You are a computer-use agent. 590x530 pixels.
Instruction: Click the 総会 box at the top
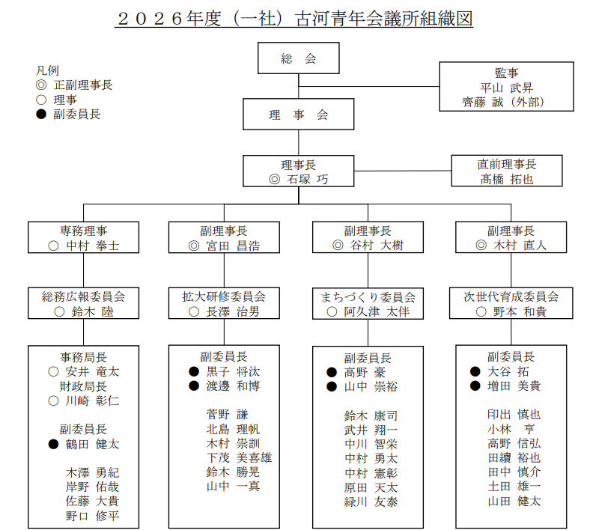click(298, 59)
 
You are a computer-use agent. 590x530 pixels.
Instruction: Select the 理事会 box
click(298, 115)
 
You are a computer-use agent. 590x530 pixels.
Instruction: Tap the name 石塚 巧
click(305, 180)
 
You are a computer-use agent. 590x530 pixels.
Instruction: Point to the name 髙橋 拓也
click(506, 180)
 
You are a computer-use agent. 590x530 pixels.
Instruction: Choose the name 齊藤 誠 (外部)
click(505, 102)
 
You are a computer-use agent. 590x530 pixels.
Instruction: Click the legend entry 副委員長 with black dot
click(77, 115)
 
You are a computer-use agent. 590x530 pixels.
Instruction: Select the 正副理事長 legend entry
click(83, 85)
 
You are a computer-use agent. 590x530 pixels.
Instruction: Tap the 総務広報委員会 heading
click(83, 296)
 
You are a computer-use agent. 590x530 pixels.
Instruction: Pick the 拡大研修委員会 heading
click(224, 296)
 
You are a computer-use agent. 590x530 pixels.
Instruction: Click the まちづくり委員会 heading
click(368, 296)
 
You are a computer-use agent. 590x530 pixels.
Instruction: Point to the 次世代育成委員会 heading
click(511, 296)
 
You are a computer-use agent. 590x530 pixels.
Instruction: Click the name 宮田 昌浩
click(233, 245)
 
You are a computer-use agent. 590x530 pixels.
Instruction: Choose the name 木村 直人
click(520, 245)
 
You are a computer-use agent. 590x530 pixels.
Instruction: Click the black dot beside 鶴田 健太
click(53, 444)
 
